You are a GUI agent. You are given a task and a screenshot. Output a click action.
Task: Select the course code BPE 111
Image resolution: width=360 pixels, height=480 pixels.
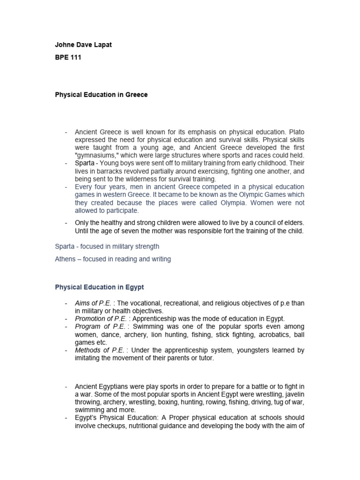pyautogui.click(x=68, y=58)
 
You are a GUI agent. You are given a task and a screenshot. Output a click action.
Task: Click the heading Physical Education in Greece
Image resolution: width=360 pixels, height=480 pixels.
pyautogui.click(x=101, y=95)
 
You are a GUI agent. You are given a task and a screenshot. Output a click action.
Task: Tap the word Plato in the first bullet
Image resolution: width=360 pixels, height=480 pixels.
pyautogui.click(x=296, y=133)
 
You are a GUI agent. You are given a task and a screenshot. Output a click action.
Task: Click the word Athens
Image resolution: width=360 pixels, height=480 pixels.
pyautogui.click(x=65, y=259)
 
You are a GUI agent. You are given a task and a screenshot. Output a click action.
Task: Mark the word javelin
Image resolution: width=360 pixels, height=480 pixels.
pyautogui.click(x=295, y=394)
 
